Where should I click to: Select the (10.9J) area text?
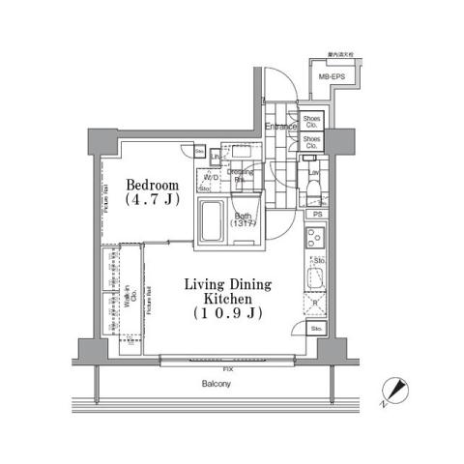tap(228, 314)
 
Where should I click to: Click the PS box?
tap(316, 214)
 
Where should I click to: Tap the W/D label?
tap(211, 179)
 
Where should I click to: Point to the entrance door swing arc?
tap(275, 87)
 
